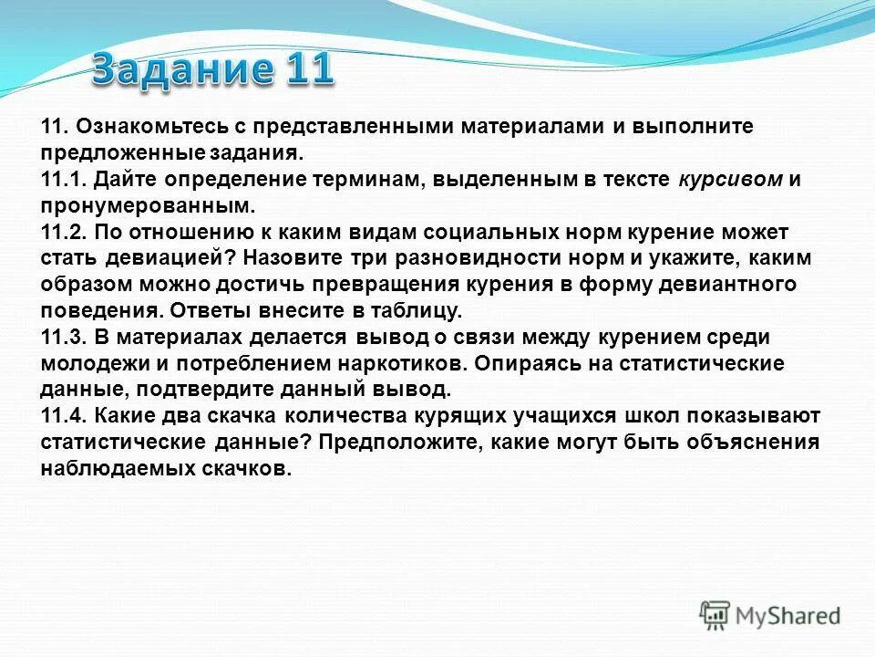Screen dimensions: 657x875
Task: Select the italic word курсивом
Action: tap(730, 179)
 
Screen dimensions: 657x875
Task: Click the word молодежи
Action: tap(87, 364)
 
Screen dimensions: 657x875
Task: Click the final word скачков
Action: tap(246, 470)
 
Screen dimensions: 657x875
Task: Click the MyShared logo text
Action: tap(788, 616)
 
